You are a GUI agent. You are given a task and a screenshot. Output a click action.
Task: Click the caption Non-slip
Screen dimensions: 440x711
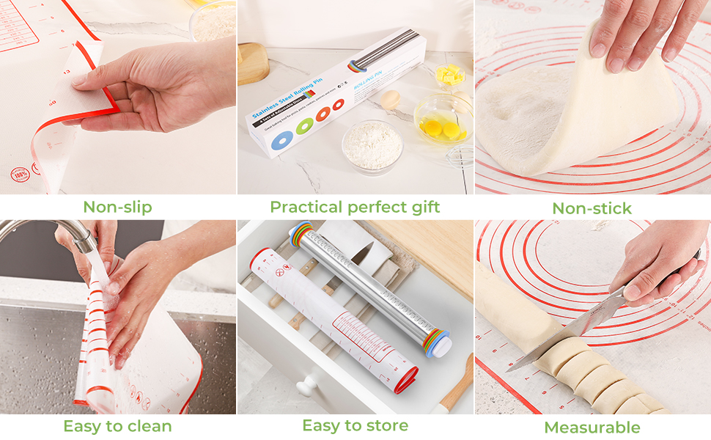click(x=117, y=207)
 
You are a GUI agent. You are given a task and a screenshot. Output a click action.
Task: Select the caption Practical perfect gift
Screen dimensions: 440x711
click(x=355, y=207)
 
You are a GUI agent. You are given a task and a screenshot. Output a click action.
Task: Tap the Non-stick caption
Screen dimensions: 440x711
click(x=592, y=208)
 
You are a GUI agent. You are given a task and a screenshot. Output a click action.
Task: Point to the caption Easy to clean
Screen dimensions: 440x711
click(x=117, y=426)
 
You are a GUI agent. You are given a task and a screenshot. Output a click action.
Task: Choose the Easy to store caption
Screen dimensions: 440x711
click(x=355, y=425)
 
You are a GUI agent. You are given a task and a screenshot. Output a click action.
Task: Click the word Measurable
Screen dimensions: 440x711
click(x=592, y=428)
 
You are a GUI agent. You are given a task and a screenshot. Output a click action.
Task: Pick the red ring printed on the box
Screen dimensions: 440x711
click(x=338, y=105)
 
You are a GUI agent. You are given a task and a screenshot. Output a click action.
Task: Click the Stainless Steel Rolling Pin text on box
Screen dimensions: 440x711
click(x=282, y=103)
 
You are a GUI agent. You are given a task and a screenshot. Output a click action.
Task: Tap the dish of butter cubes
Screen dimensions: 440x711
click(x=449, y=76)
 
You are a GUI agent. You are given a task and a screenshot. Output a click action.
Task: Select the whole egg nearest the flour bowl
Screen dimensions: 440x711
click(x=391, y=100)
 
